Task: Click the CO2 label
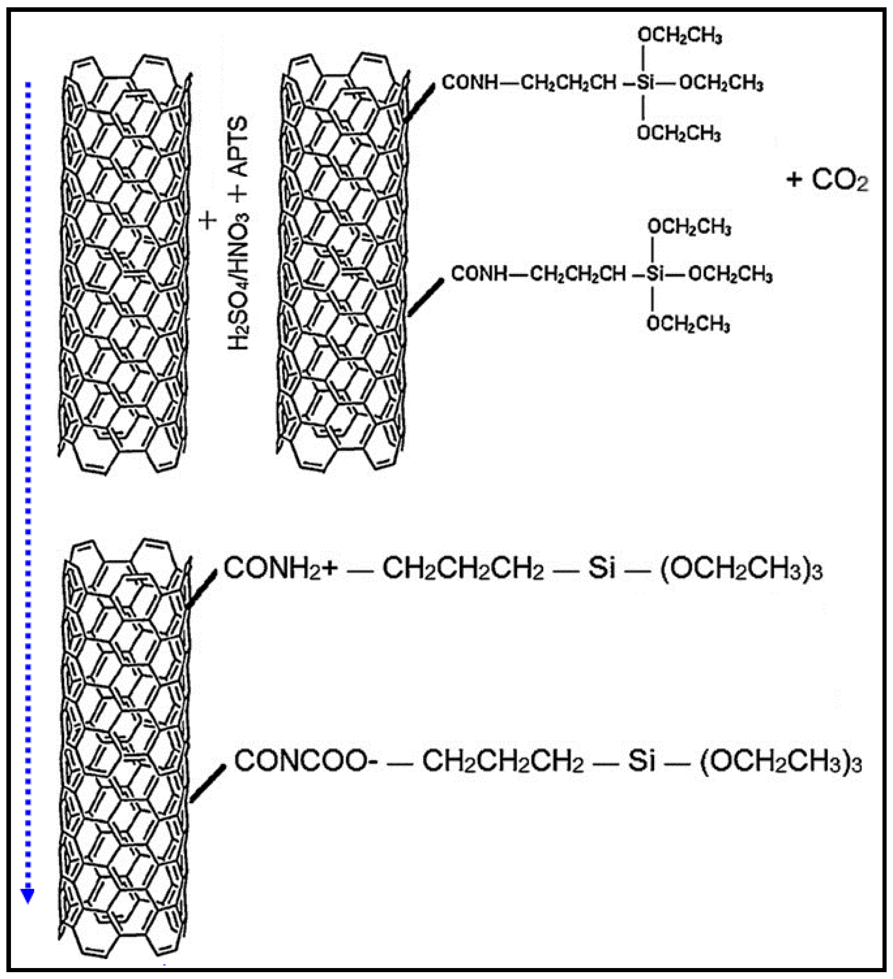840,180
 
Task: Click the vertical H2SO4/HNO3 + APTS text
238,233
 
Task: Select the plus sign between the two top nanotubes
208,221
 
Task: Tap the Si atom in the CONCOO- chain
641,761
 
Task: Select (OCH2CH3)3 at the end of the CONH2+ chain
741,569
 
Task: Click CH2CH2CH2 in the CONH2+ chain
463,569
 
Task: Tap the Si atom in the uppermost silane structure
645,83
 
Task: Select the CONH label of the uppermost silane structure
470,83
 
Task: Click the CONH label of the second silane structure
479,274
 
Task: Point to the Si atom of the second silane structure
655,275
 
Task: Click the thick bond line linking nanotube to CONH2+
201,589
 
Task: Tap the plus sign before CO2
794,180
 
